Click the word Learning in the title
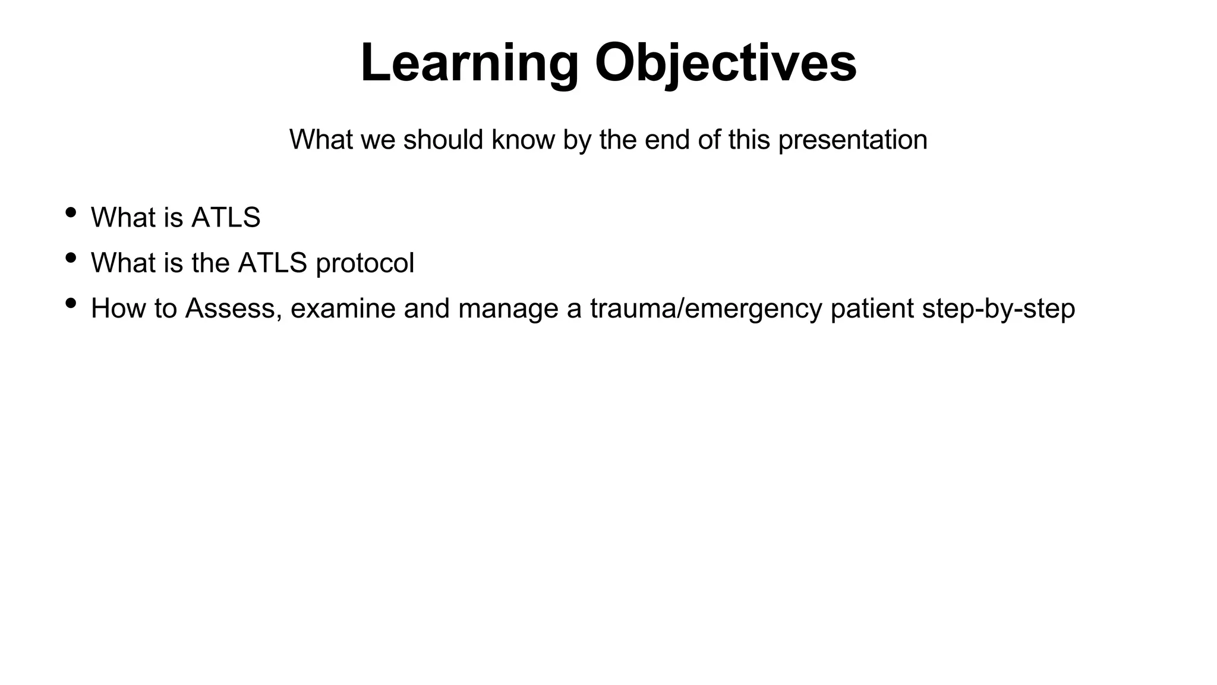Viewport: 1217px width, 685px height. (469, 64)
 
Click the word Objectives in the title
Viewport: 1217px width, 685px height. (726, 64)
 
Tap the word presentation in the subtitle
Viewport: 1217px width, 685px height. (852, 140)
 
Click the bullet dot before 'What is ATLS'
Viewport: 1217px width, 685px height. (71, 212)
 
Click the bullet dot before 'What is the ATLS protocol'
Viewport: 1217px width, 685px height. (71, 257)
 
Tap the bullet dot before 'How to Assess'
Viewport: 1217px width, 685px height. (71, 303)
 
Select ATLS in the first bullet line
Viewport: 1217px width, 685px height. (226, 218)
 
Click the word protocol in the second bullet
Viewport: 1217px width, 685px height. (364, 263)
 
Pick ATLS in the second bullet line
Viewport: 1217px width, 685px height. (272, 263)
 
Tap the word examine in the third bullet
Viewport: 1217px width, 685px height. (343, 309)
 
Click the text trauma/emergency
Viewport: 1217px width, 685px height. (706, 309)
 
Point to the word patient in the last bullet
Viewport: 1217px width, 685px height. (872, 309)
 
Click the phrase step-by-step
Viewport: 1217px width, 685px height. (998, 309)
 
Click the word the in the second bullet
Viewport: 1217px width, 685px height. (211, 263)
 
